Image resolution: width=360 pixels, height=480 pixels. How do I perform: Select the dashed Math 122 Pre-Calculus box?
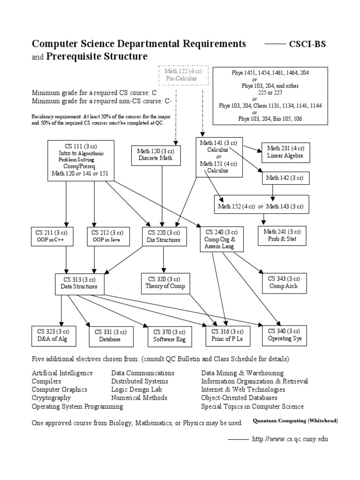(x=180, y=75)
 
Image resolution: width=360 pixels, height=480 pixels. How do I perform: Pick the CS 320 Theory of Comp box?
(x=165, y=283)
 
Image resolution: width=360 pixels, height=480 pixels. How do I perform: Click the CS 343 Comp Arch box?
(x=283, y=282)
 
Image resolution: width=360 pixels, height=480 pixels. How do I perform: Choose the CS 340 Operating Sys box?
(x=285, y=335)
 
